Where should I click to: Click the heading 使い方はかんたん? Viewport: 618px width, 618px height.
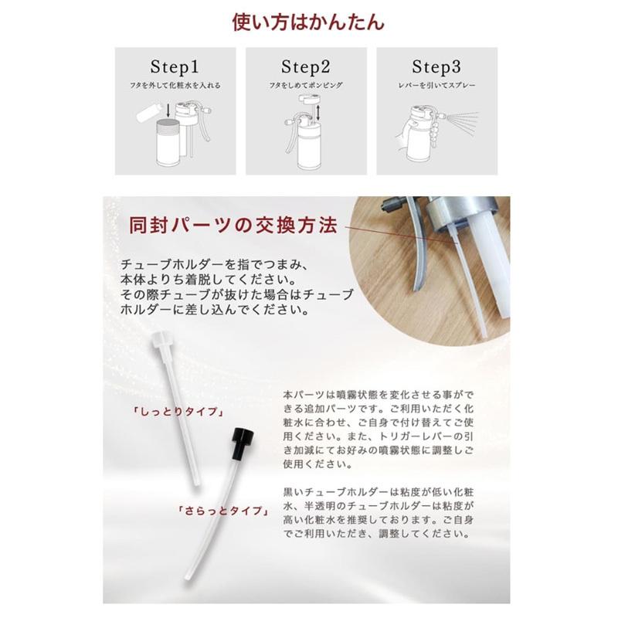tap(307, 22)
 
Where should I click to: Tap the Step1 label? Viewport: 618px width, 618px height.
tap(175, 66)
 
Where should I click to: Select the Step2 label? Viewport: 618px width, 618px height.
tap(305, 66)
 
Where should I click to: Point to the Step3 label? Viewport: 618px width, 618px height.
tap(436, 66)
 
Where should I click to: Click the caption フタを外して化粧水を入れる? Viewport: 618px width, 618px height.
tap(175, 85)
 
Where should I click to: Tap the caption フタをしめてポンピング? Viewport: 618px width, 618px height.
tap(306, 85)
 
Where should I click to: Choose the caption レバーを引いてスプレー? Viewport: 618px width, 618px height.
tap(436, 85)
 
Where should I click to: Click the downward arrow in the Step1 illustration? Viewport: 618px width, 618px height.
tap(168, 110)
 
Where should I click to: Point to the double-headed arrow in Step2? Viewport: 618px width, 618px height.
tap(318, 112)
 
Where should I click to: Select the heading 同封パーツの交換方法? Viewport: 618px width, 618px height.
tap(233, 226)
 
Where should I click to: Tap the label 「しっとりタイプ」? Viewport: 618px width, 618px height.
tap(179, 412)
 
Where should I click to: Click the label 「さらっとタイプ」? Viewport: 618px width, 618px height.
tap(224, 511)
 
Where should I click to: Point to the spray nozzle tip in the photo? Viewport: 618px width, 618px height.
tap(389, 205)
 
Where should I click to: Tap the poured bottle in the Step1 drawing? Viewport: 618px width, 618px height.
tap(150, 111)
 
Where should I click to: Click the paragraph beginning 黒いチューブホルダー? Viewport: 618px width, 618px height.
tap(379, 513)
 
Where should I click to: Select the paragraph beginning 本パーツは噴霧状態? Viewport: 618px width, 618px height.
tap(379, 430)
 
